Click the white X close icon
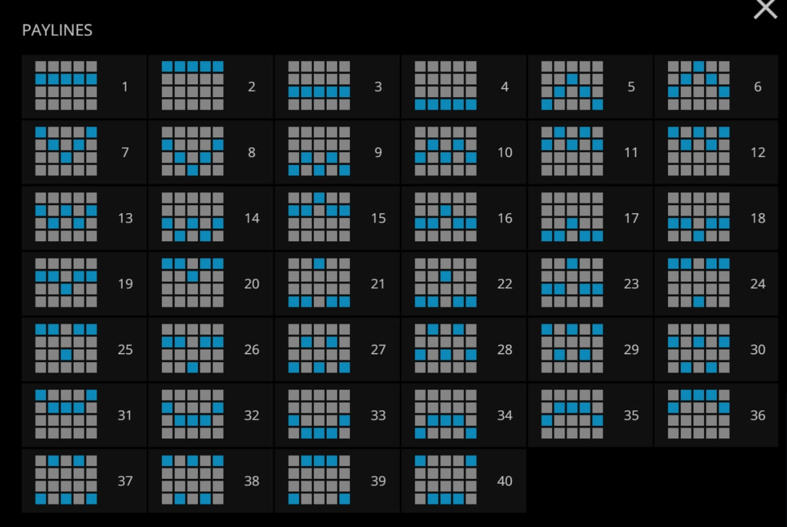click(765, 9)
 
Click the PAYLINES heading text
click(57, 30)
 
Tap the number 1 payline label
click(125, 87)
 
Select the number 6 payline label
click(758, 87)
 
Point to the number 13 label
click(125, 218)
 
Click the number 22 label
click(505, 283)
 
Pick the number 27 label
click(379, 349)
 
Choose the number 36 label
click(758, 415)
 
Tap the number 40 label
click(505, 481)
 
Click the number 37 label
click(125, 481)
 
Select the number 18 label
click(758, 218)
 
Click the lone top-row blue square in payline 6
click(698, 67)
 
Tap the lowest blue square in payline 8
click(192, 170)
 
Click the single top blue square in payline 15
click(319, 198)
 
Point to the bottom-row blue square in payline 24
click(698, 302)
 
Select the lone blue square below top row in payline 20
click(192, 276)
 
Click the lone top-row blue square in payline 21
click(319, 264)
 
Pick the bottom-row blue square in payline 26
click(192, 367)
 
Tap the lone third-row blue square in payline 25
click(66, 355)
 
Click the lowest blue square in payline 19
click(66, 289)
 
